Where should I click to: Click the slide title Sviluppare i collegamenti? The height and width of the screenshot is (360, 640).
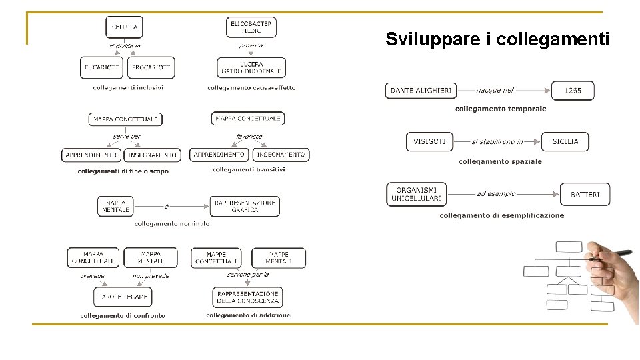[x=497, y=39]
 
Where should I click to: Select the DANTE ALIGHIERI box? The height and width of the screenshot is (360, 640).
[x=421, y=91]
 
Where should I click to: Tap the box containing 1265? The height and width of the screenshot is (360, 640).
[x=572, y=91]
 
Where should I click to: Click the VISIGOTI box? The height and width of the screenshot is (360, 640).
[x=429, y=141]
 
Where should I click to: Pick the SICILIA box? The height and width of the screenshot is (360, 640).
[x=565, y=141]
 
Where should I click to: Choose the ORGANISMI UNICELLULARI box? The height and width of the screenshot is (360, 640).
[x=417, y=194]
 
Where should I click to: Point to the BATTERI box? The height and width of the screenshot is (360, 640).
[x=585, y=194]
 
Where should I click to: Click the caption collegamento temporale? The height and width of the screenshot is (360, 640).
[x=501, y=109]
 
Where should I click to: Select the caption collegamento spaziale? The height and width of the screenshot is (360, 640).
[x=500, y=161]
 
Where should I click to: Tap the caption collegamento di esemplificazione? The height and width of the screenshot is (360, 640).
[x=501, y=215]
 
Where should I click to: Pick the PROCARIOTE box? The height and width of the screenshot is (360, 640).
[x=151, y=67]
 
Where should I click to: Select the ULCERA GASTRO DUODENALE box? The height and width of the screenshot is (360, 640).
[x=251, y=67]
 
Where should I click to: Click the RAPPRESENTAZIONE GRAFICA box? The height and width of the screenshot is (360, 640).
[x=245, y=206]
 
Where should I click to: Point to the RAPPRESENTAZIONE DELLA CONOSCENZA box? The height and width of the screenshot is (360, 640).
[x=248, y=297]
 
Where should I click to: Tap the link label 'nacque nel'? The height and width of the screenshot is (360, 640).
[x=495, y=90]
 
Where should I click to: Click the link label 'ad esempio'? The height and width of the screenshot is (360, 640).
[x=496, y=194]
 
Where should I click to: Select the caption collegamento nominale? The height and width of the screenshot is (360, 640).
[x=171, y=224]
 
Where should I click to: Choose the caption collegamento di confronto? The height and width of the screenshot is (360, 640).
[x=123, y=315]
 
